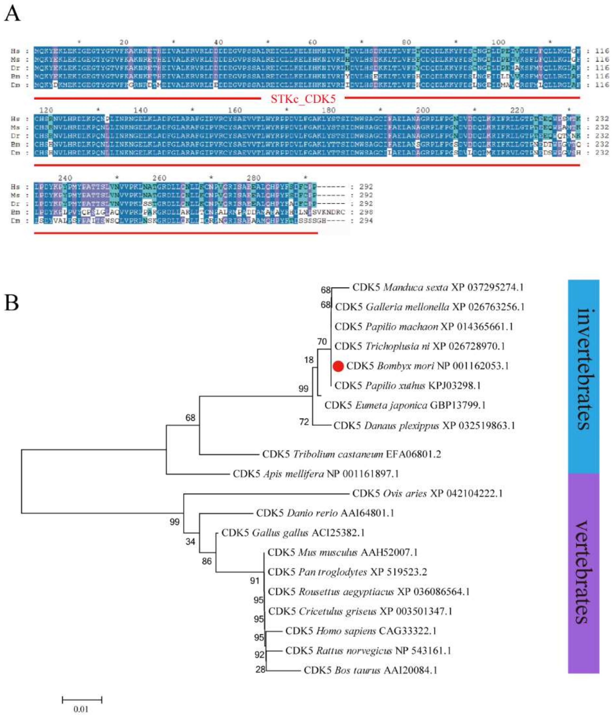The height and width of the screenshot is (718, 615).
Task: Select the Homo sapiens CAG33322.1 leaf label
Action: coord(361,631)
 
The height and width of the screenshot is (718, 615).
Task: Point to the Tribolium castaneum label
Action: coord(351,454)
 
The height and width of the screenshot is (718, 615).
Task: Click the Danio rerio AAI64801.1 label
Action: coord(325,513)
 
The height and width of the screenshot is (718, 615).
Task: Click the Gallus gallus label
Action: coord(293,533)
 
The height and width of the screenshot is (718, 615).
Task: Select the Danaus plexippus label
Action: coord(424,425)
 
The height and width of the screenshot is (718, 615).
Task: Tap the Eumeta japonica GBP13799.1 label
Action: coord(405,405)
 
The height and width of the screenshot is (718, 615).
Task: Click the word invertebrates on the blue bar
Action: coord(584,369)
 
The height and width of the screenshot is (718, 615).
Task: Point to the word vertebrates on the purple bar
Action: coord(584,572)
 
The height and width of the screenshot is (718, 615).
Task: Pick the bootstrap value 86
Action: coord(207,561)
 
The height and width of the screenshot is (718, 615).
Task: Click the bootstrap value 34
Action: coord(190,541)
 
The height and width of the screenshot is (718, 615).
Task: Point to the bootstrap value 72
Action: coord(304,422)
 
